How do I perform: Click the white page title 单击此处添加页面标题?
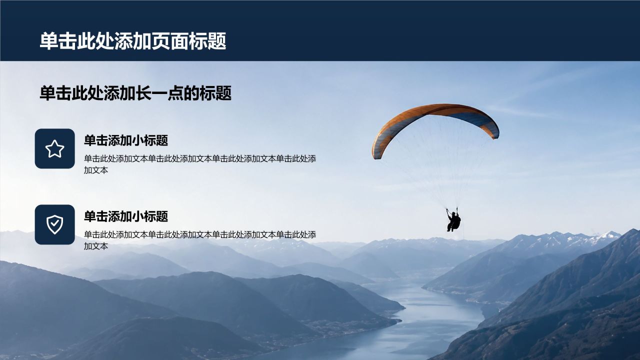coord(133,41)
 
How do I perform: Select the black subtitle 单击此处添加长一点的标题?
coord(135,93)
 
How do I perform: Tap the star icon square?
coord(55,148)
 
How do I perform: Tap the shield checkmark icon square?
coord(55,224)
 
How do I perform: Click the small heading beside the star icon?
coord(126,140)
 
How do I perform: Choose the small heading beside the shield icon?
coord(126,216)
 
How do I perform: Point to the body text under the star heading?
coord(200,164)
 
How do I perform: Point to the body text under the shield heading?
coord(200,240)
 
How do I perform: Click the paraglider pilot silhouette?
coord(453,220)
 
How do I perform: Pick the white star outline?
coord(55,148)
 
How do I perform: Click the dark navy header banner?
coord(320,30)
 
